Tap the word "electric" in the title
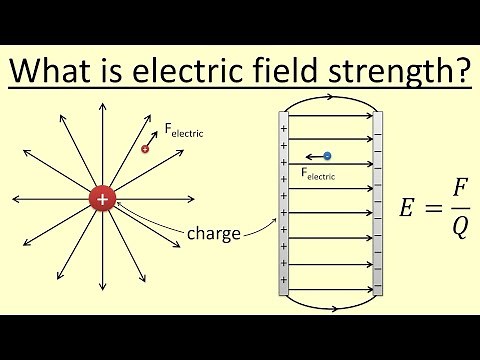click(x=164, y=72)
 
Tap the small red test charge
click(x=146, y=149)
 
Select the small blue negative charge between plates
click(x=327, y=156)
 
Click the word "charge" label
click(x=213, y=236)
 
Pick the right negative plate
click(x=378, y=205)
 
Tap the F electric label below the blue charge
click(x=318, y=174)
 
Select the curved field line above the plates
click(x=331, y=100)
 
